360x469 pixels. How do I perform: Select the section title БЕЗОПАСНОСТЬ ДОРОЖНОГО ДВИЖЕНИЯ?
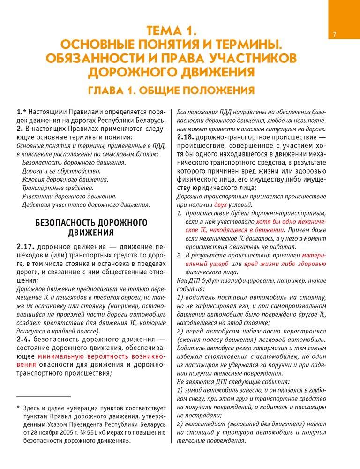(x=91, y=227)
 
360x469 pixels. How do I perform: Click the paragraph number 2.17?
(x=25, y=246)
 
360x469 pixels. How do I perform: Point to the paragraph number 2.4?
(x=24, y=339)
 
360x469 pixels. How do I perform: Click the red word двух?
(x=222, y=205)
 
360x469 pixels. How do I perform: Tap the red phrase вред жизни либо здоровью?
(x=291, y=264)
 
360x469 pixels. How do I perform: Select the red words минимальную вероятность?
(x=87, y=356)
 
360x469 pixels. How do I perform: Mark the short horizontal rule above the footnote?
(x=43, y=397)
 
